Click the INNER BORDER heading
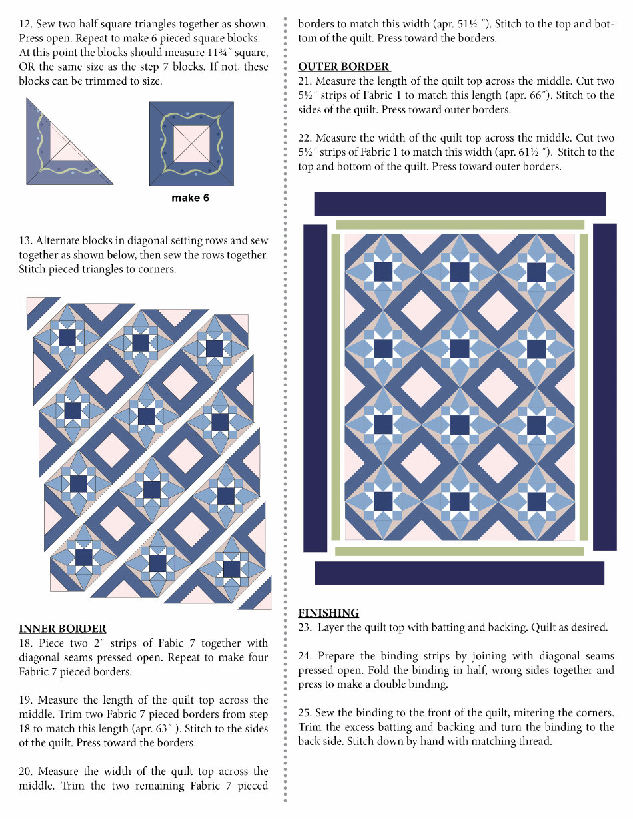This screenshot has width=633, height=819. (x=62, y=629)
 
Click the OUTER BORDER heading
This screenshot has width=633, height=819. (x=344, y=67)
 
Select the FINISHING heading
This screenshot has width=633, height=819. (x=328, y=613)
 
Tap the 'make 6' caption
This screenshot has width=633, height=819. (x=190, y=198)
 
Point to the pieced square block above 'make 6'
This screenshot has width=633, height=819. (x=191, y=143)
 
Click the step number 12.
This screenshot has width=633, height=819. (x=25, y=24)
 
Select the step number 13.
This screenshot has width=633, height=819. (x=25, y=241)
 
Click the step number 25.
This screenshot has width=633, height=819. (x=305, y=713)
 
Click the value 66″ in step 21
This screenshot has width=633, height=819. (x=538, y=95)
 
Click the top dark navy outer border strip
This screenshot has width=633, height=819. (x=460, y=204)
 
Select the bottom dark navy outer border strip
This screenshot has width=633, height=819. (x=459, y=573)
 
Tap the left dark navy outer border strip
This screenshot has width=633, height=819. (x=315, y=388)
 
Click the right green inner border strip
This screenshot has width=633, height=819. (x=584, y=386)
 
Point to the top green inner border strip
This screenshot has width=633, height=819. (x=460, y=225)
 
